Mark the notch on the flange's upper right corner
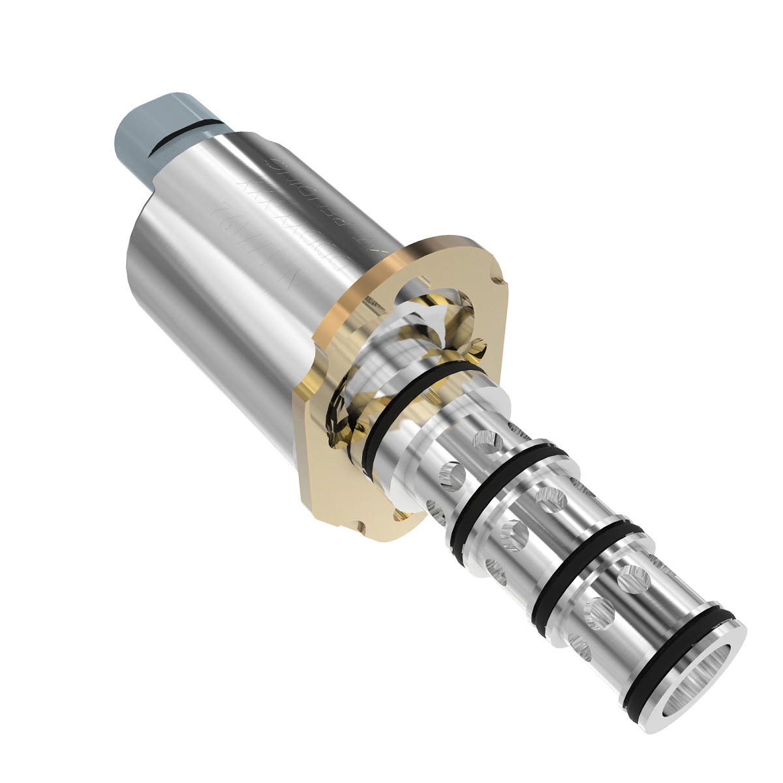499,281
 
